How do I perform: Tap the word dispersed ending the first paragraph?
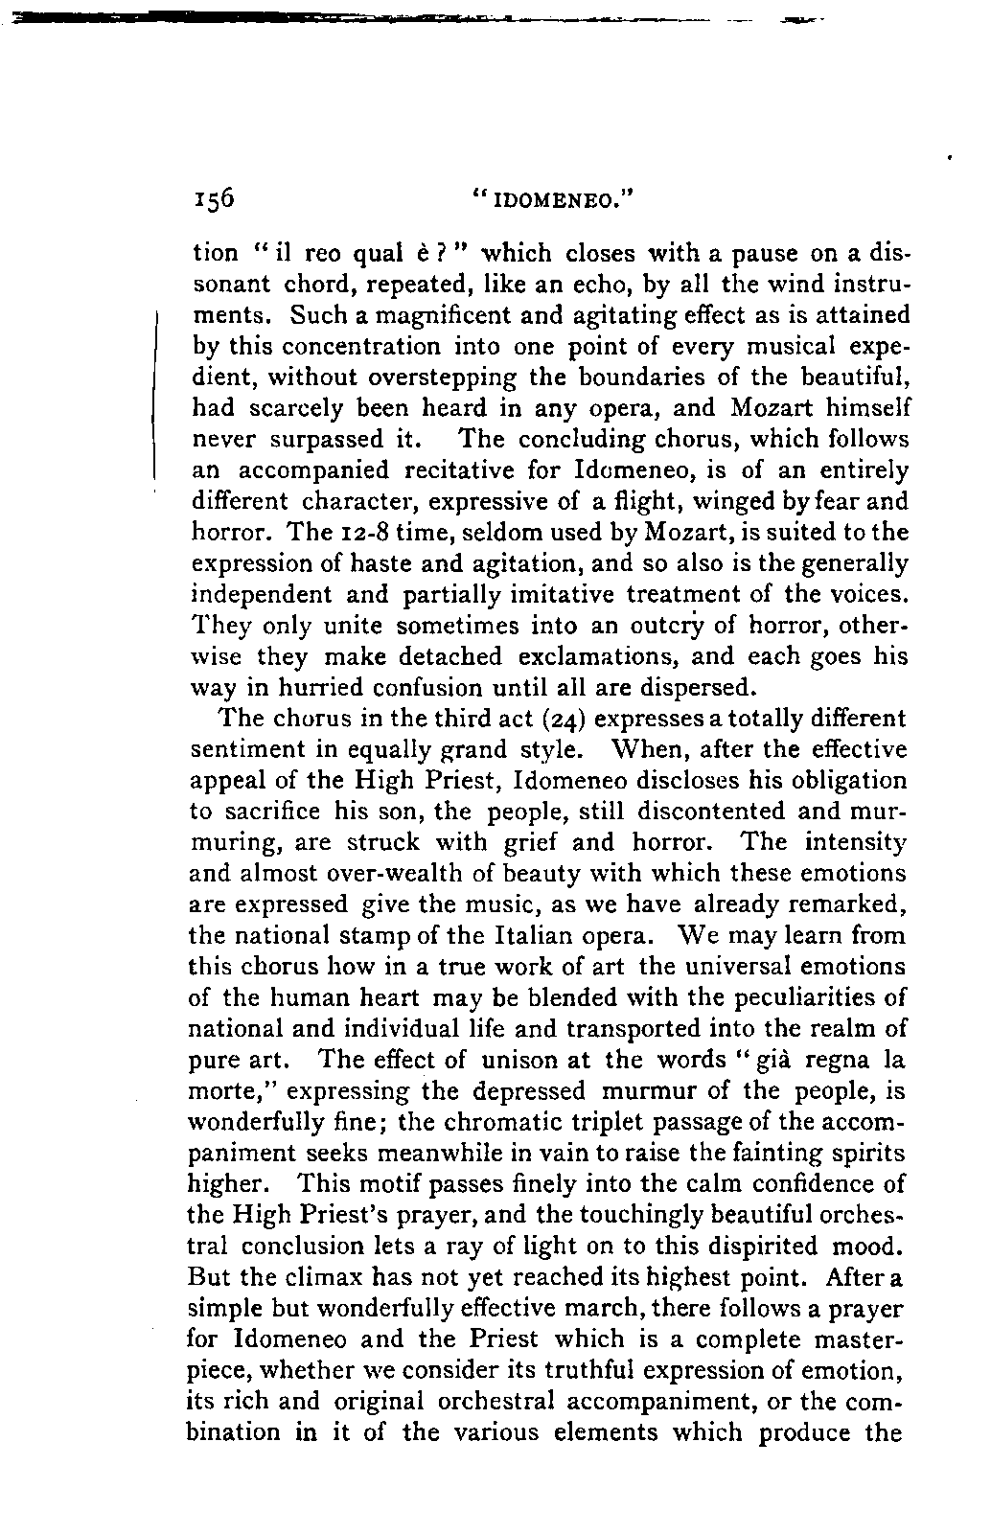[x=689, y=687]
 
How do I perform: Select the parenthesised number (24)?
[x=508, y=718]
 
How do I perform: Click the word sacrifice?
[x=274, y=811]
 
